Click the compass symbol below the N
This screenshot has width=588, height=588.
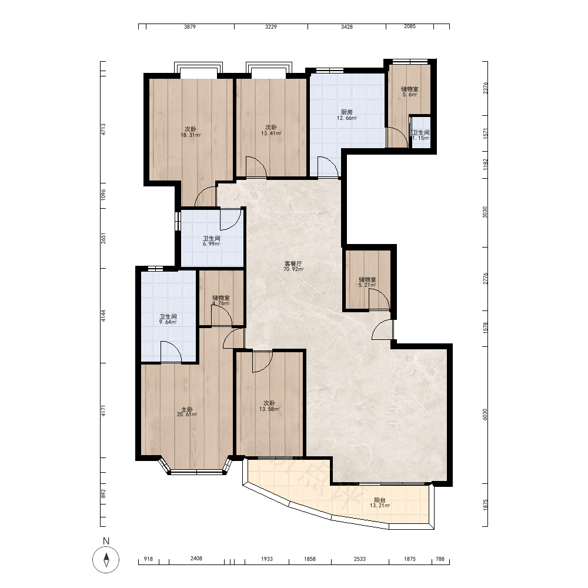click(106, 560)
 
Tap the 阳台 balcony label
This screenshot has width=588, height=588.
click(380, 500)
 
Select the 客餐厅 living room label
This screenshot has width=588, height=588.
click(293, 263)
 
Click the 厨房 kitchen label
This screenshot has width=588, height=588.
click(347, 112)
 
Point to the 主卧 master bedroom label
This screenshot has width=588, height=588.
click(187, 409)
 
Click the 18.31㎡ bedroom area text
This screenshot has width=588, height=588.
click(191, 135)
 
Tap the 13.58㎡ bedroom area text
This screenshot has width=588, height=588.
click(269, 409)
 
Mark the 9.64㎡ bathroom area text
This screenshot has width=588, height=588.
click(168, 322)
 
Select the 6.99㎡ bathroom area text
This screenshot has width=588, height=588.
click(212, 244)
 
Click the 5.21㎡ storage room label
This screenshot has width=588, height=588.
click(367, 285)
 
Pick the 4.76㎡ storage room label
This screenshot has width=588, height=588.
click(221, 303)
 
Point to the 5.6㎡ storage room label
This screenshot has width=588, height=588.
click(410, 95)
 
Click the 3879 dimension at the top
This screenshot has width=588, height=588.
click(190, 26)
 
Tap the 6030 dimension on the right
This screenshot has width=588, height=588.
click(485, 415)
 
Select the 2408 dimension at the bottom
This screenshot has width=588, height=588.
click(196, 559)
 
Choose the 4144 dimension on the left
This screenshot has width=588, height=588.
click(103, 315)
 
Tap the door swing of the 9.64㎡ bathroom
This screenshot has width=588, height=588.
click(171, 352)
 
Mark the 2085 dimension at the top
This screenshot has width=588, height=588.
click(409, 26)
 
